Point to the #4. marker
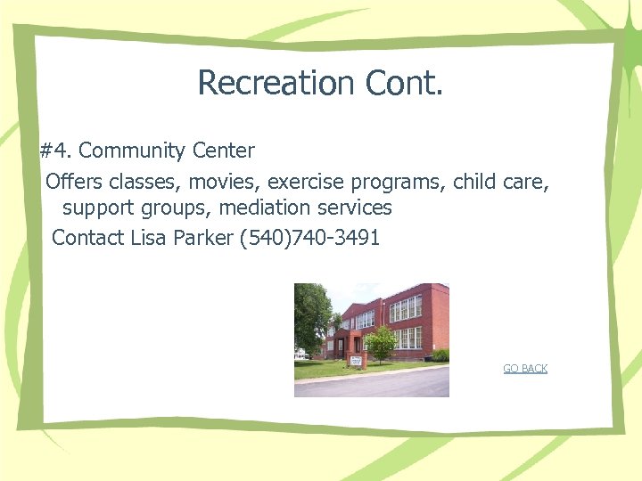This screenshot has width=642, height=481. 56,151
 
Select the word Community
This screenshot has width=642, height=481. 133,151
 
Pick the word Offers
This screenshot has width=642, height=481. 74,183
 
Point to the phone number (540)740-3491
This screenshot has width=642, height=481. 310,238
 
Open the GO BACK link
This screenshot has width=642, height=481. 525,369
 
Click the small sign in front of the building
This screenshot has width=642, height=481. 357,360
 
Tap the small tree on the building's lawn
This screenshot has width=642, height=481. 382,343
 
